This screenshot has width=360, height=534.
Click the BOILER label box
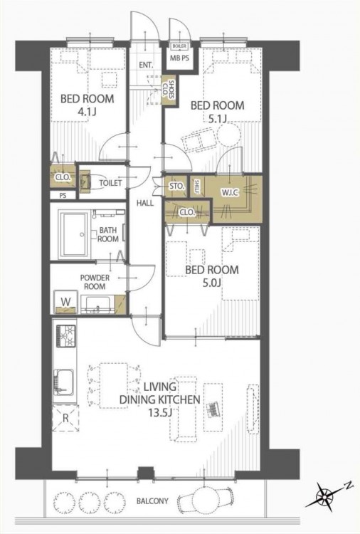click(179, 46)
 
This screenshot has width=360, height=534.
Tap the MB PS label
click(179, 58)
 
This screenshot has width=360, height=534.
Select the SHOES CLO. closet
click(169, 90)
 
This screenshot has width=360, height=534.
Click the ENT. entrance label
click(146, 65)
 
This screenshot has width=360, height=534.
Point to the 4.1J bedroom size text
click(86, 111)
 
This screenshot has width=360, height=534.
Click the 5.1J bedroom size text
click(217, 118)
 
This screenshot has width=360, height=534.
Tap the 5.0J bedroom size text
click(211, 283)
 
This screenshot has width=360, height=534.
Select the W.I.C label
click(230, 192)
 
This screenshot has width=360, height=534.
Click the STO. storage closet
click(176, 186)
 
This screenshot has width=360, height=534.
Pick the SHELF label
click(196, 186)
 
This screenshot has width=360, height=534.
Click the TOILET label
click(110, 183)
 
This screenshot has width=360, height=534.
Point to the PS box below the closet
click(63, 196)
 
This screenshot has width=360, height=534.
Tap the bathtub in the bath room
click(74, 235)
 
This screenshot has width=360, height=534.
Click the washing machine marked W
click(65, 302)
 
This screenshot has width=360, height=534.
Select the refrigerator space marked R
click(65, 418)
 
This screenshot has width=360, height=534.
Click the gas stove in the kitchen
click(65, 336)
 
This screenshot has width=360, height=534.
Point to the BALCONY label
click(152, 501)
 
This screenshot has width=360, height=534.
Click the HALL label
click(145, 204)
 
